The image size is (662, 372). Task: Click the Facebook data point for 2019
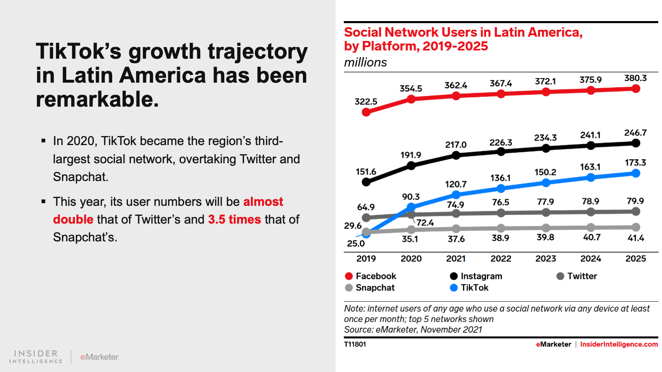click(366, 112)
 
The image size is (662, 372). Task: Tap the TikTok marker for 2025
click(636, 173)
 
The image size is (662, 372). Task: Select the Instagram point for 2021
click(456, 155)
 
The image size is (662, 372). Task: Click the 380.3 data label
click(635, 78)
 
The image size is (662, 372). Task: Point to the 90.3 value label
click(411, 197)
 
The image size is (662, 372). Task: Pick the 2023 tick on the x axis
click(546, 259)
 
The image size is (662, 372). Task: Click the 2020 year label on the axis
click(411, 259)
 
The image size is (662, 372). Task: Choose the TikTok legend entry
click(469, 288)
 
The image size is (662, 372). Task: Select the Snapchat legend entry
click(370, 288)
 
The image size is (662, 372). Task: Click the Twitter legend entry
click(577, 276)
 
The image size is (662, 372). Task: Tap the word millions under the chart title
click(365, 62)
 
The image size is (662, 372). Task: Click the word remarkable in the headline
click(97, 100)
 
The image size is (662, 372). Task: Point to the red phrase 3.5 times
click(234, 219)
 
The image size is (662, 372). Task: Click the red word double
click(73, 219)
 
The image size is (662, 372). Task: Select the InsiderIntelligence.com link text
click(619, 344)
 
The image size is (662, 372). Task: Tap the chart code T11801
click(355, 344)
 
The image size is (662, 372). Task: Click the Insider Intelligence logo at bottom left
click(36, 357)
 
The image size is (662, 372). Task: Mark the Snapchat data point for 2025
click(636, 227)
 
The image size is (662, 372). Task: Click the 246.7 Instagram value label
click(635, 133)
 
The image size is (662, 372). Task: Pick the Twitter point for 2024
click(591, 212)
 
